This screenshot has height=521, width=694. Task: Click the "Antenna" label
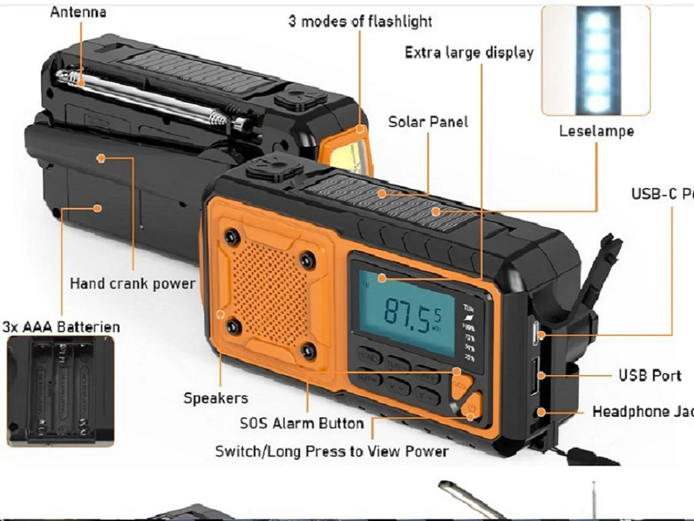[78, 12]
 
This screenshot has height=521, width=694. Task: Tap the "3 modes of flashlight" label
[360, 21]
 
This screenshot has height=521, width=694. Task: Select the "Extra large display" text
[469, 53]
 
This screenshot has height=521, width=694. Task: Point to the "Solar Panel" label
[428, 122]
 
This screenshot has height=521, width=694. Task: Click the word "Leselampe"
[596, 131]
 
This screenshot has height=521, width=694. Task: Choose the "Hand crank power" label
[132, 284]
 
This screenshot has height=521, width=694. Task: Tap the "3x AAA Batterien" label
[62, 326]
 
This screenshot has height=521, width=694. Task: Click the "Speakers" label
[215, 398]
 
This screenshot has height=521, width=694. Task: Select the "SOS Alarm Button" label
[301, 423]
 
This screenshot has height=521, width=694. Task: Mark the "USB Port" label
[650, 376]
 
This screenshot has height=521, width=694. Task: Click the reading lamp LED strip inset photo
[596, 60]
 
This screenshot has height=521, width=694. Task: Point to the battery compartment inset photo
[61, 390]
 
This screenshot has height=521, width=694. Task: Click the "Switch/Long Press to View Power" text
[332, 451]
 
